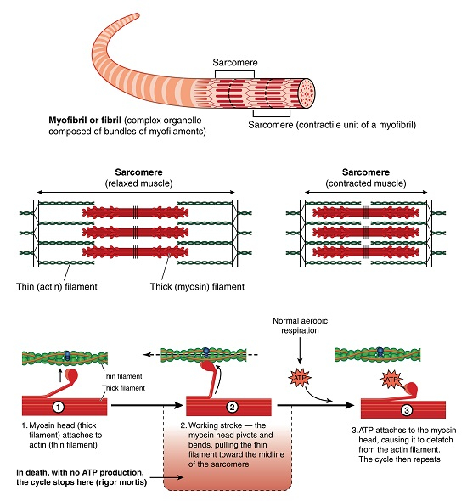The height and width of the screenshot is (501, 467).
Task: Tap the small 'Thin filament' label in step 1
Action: (x=119, y=376)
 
